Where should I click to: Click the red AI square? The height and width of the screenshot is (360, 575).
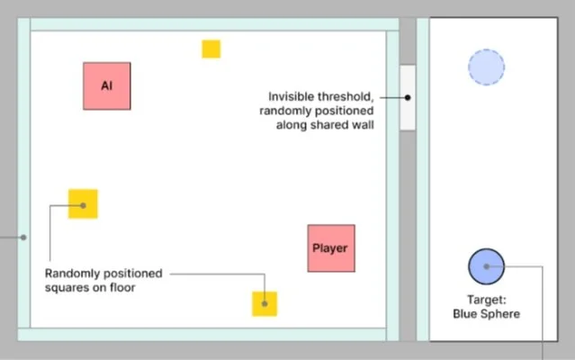pyautogui.click(x=107, y=85)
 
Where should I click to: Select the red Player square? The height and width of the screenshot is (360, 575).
pyautogui.click(x=331, y=247)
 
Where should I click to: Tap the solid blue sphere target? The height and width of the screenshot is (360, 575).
pyautogui.click(x=486, y=266)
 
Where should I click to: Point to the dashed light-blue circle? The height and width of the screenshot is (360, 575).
pyautogui.click(x=486, y=67)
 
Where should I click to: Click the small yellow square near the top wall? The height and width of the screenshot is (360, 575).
pyautogui.click(x=211, y=49)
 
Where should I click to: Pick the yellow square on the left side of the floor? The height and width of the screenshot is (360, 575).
pyautogui.click(x=83, y=203)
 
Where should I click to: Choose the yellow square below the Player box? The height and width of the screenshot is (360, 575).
pyautogui.click(x=265, y=303)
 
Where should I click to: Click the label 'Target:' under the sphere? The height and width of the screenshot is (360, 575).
pyautogui.click(x=486, y=300)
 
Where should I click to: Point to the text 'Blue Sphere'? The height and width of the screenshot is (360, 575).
pyautogui.click(x=486, y=313)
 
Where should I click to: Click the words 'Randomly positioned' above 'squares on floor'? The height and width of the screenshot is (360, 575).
pyautogui.click(x=103, y=273)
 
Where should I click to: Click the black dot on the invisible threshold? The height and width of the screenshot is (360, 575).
pyautogui.click(x=408, y=96)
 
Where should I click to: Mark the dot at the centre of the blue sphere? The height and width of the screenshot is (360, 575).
pyautogui.click(x=486, y=266)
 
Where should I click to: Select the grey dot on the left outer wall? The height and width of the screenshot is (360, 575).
pyautogui.click(x=23, y=238)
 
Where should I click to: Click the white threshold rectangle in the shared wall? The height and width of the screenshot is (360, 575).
pyautogui.click(x=408, y=97)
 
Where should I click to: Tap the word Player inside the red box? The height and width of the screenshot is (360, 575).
pyautogui.click(x=330, y=247)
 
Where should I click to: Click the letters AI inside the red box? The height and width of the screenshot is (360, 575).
pyautogui.click(x=106, y=85)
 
